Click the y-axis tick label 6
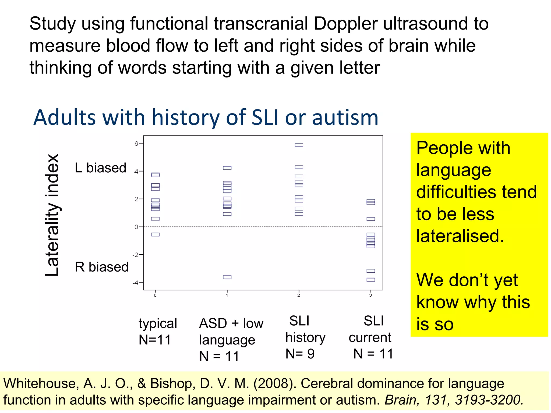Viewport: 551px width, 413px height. pyautogui.click(x=136, y=144)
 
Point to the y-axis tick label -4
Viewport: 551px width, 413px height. pyautogui.click(x=135, y=283)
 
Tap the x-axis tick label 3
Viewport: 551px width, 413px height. pyautogui.click(x=370, y=295)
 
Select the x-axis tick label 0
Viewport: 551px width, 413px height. pyautogui.click(x=155, y=295)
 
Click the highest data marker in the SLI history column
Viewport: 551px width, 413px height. pyautogui.click(x=299, y=145)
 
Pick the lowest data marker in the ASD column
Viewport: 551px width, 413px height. pyautogui.click(x=227, y=277)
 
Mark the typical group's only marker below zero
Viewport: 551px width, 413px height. pyautogui.click(x=155, y=234)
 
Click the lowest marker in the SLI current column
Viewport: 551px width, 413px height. pyautogui.click(x=371, y=280)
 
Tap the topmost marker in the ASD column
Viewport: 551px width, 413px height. pyautogui.click(x=227, y=168)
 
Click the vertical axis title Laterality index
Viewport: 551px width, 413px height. pyautogui.click(x=52, y=215)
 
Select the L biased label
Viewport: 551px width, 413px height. pyautogui.click(x=101, y=168)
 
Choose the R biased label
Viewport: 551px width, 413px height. pyautogui.click(x=102, y=267)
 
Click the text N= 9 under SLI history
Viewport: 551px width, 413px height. pyautogui.click(x=300, y=354)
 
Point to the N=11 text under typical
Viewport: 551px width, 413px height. pyautogui.click(x=155, y=340)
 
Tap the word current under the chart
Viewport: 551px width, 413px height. pyautogui.click(x=370, y=337)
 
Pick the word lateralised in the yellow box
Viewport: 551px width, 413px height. pyautogui.click(x=460, y=236)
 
